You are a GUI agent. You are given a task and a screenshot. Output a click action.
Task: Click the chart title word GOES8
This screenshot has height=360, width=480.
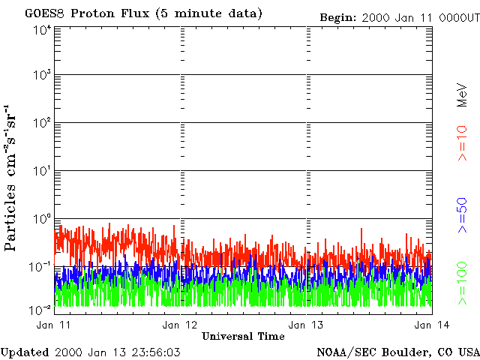45,13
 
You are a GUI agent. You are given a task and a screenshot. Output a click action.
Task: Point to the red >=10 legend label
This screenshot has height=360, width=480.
463,143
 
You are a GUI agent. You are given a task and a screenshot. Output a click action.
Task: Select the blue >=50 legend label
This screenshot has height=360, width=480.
463,215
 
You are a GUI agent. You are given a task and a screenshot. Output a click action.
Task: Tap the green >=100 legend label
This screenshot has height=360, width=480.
463,283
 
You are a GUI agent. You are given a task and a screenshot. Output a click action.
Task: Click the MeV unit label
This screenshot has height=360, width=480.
463,94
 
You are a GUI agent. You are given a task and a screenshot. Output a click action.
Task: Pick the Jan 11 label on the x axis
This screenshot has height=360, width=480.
53,325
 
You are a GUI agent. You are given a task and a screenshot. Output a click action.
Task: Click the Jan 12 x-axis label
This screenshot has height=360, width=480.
180,325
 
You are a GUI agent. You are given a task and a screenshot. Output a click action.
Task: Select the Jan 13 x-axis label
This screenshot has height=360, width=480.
306,325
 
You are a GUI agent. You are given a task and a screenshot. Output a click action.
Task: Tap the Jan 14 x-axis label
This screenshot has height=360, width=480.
432,325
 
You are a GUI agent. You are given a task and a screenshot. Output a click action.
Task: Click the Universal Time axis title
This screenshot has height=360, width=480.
243,336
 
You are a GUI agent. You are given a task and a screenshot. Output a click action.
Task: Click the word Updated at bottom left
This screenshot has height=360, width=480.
25,352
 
